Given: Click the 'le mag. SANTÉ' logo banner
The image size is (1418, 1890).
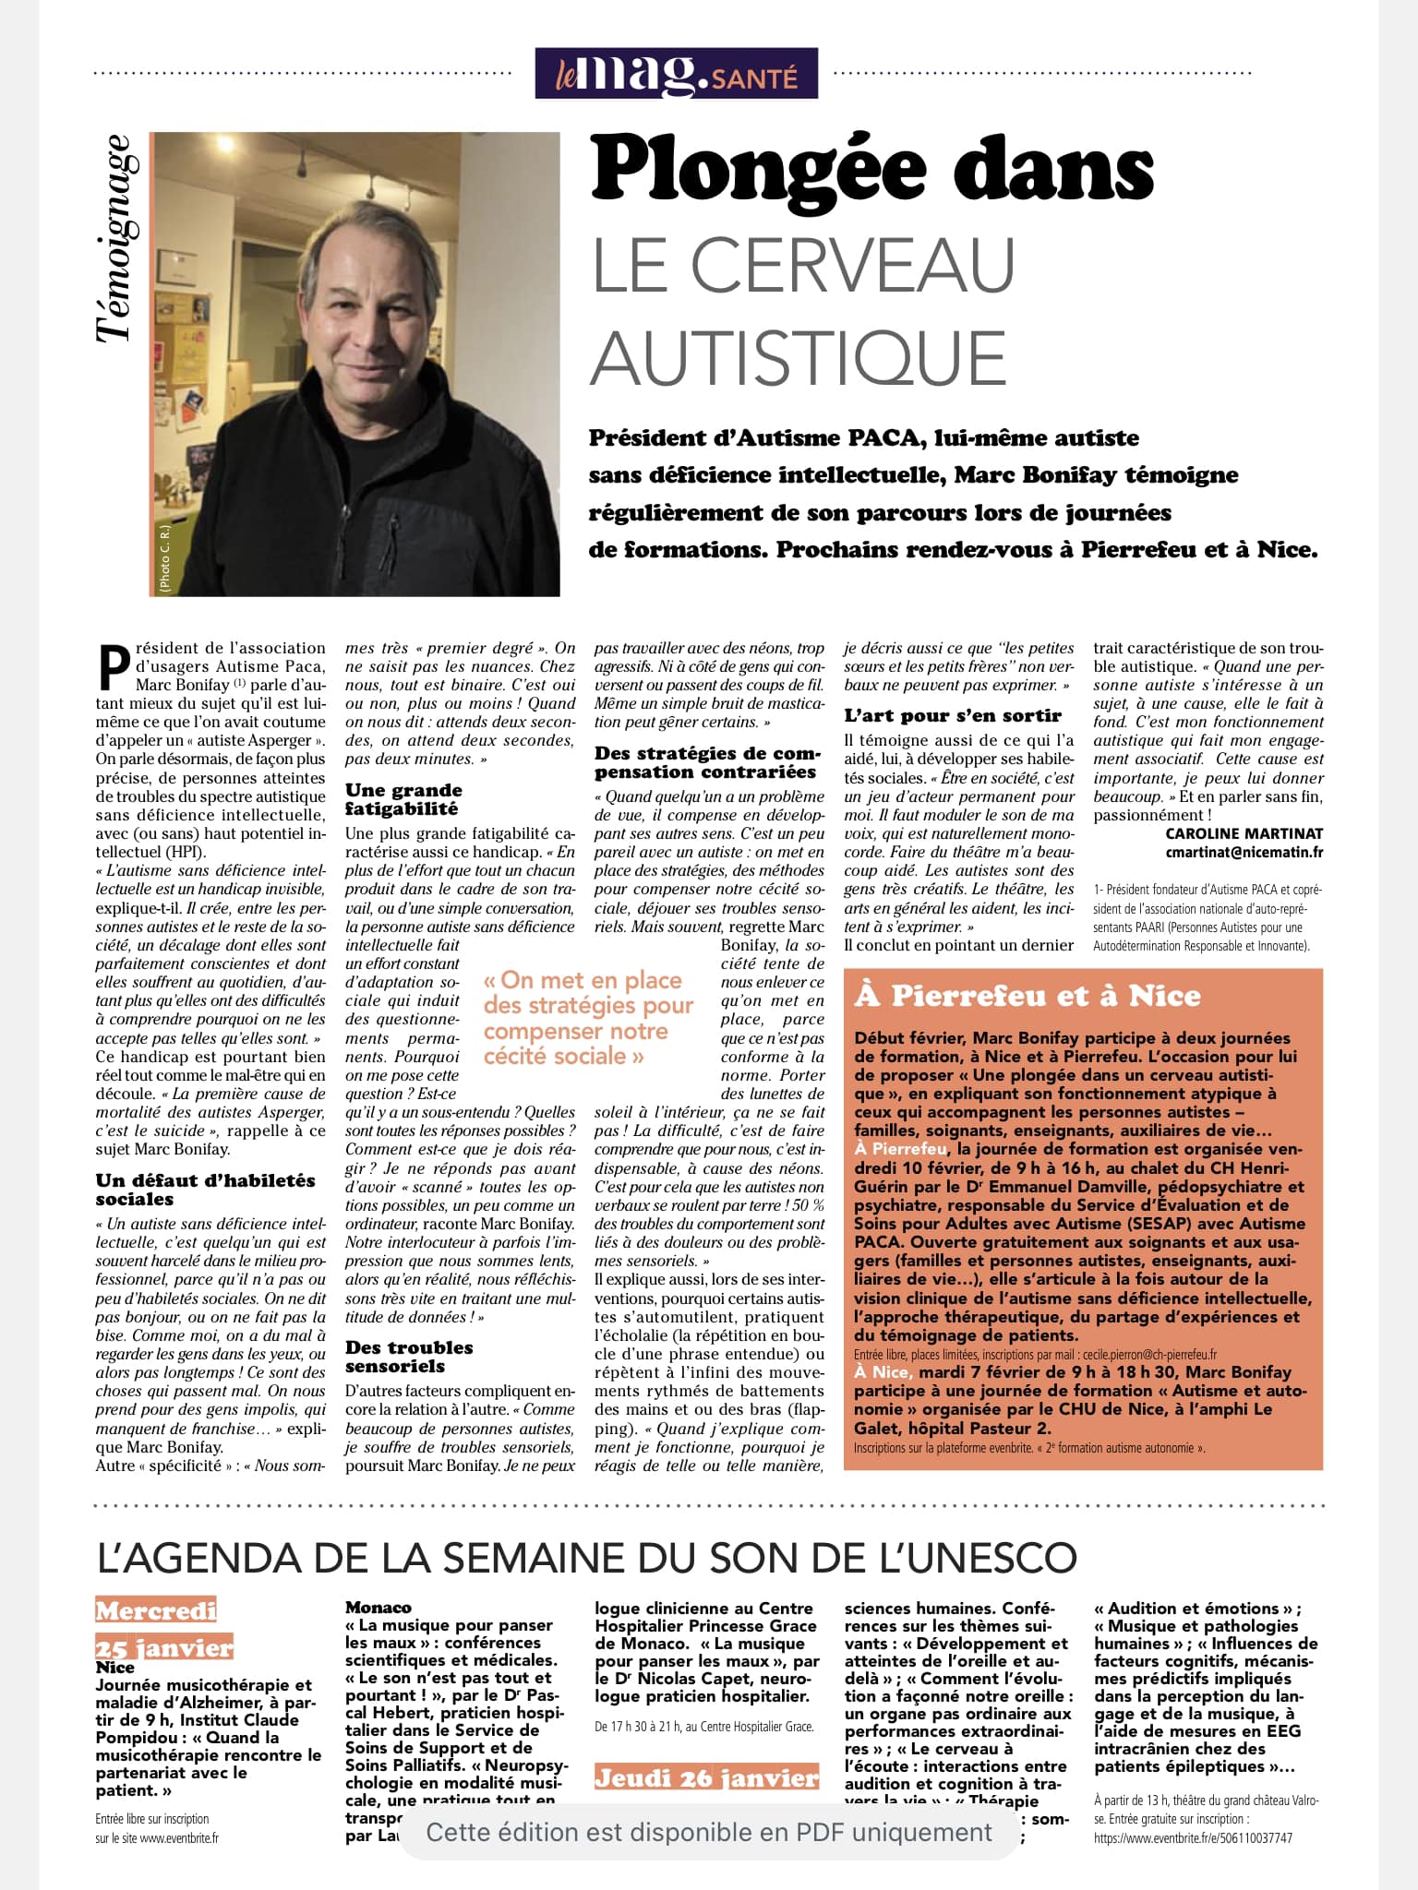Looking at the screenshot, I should (x=676, y=73).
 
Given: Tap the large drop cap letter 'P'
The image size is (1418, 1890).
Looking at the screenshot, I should (x=113, y=665).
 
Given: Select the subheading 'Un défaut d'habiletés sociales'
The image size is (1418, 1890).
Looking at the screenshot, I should (x=205, y=1190).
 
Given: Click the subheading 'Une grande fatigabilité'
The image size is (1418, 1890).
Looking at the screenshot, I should (x=404, y=799).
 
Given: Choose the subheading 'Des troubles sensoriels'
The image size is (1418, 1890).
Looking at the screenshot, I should (x=409, y=1357).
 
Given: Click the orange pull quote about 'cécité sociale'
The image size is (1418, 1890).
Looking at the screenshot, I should (x=588, y=1018).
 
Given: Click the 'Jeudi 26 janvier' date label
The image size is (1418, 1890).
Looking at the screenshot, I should (x=706, y=1777).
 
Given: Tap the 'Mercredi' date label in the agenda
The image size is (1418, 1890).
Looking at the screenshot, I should (x=156, y=1611).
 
